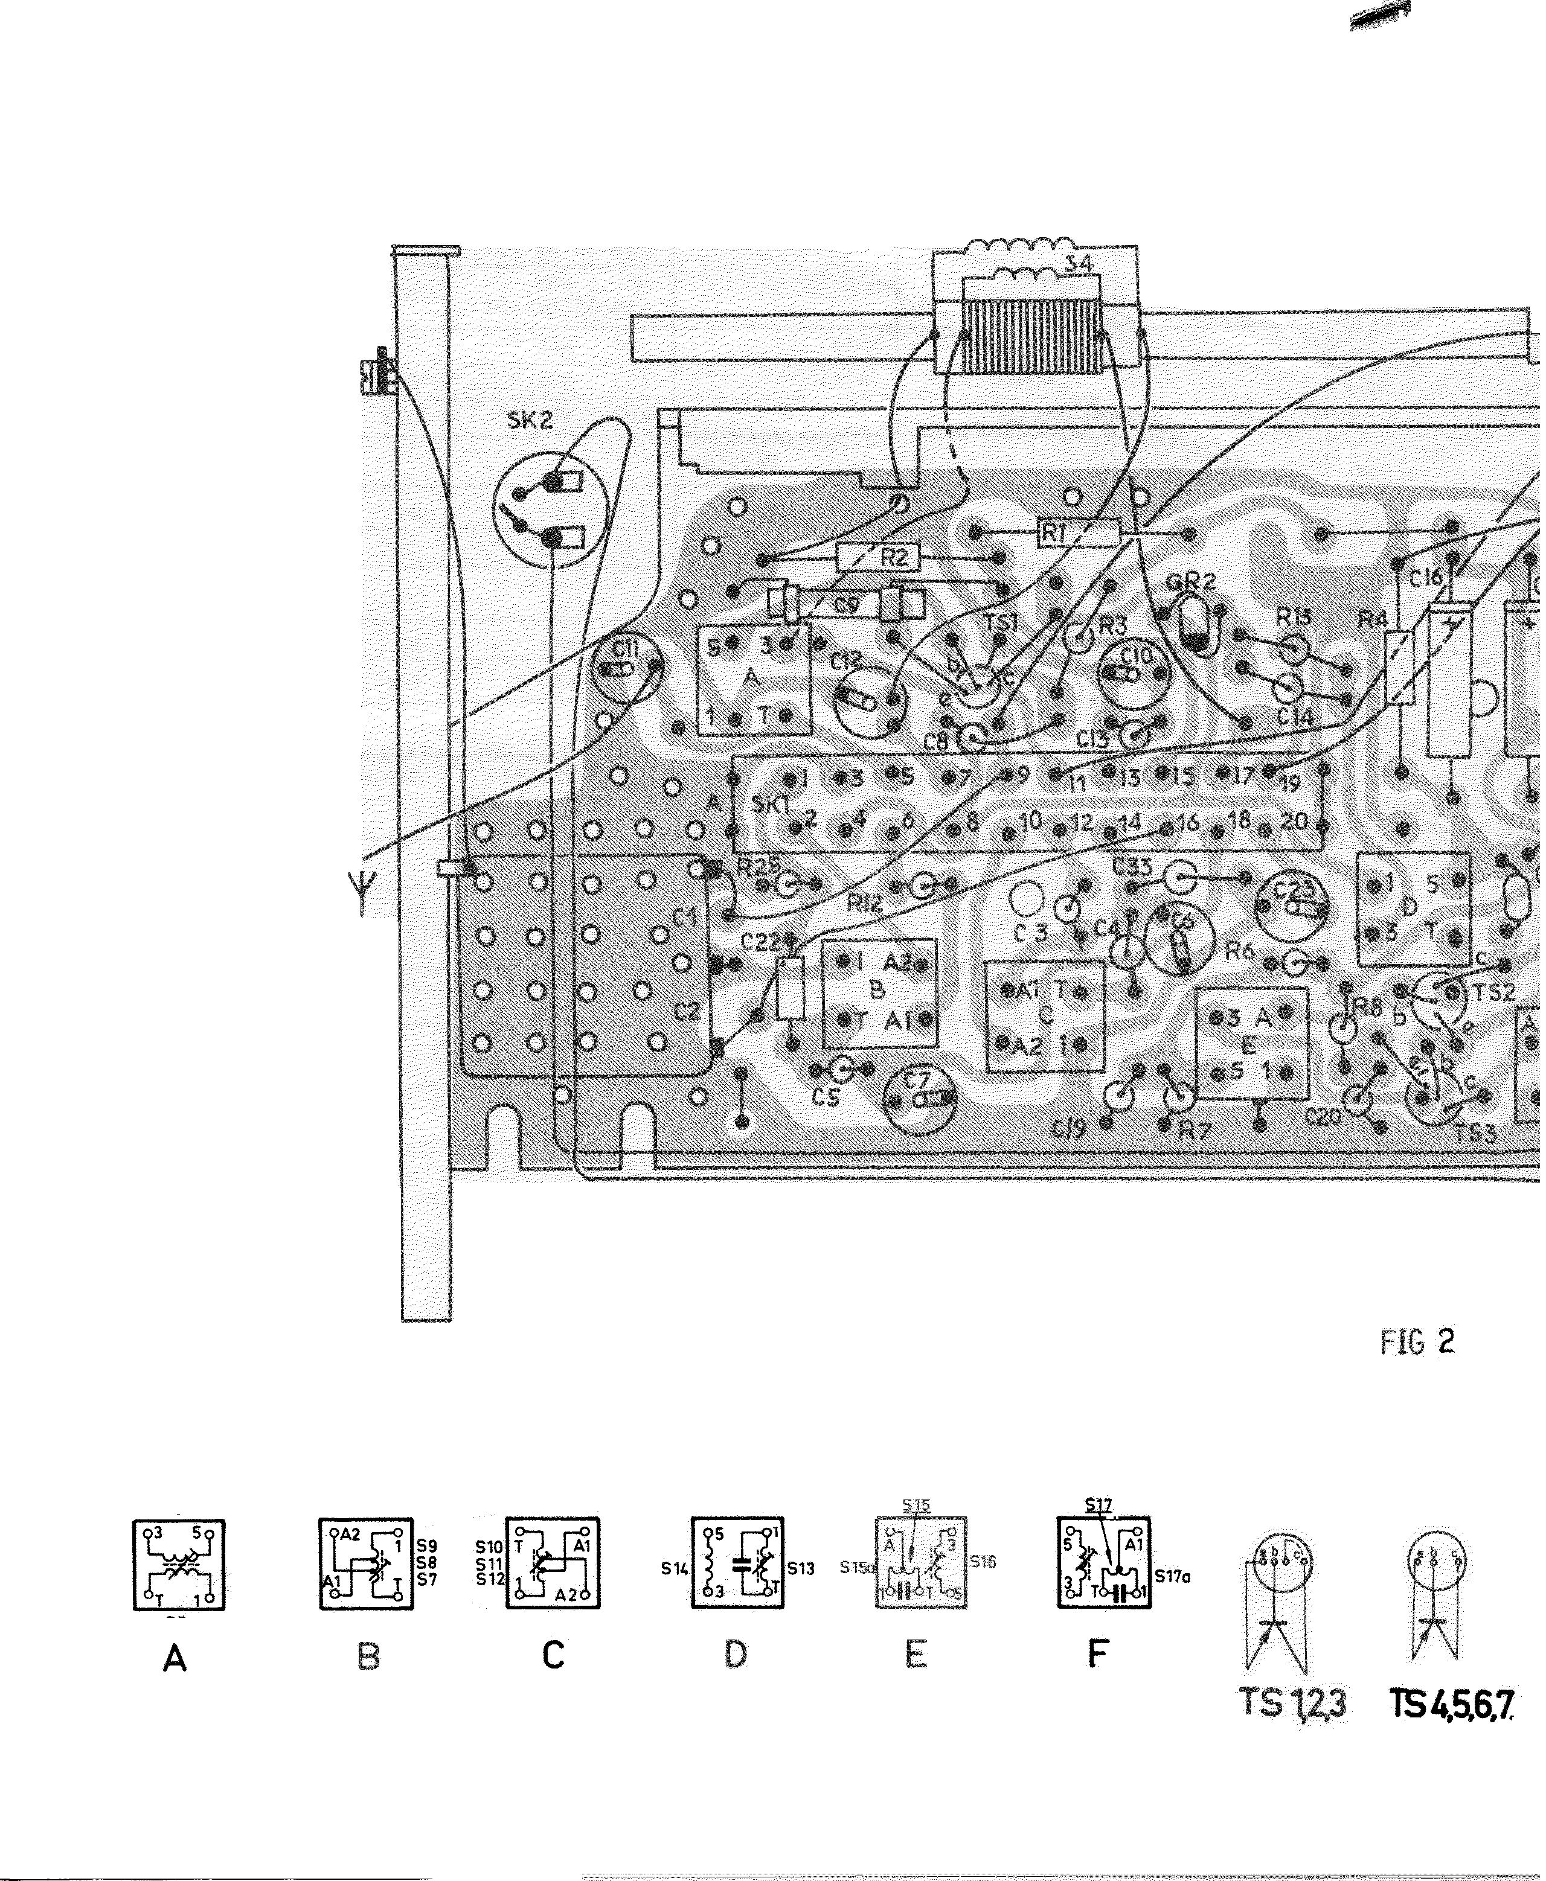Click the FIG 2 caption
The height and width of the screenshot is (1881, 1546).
click(1417, 1341)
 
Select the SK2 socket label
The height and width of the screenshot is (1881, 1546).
click(530, 420)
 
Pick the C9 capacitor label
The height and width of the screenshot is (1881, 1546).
click(846, 605)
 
